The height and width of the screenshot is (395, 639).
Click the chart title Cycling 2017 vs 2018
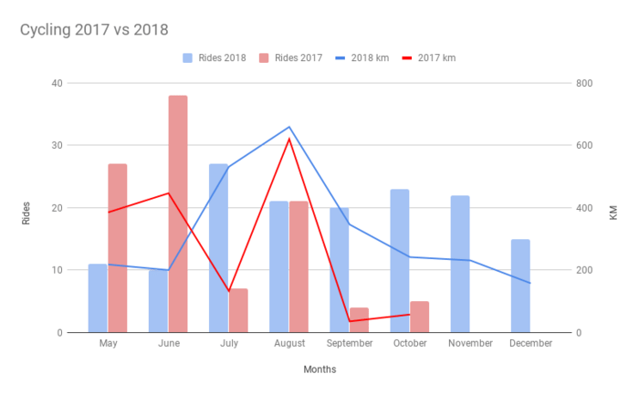tap(93, 30)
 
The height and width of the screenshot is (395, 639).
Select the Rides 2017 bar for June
tap(177, 213)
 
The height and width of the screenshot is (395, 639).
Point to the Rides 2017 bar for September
tap(359, 320)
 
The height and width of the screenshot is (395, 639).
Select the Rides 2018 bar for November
tap(460, 264)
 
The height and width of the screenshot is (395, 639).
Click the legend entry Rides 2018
tap(215, 57)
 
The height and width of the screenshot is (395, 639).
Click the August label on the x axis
tap(288, 343)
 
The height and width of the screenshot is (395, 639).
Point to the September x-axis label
tap(349, 343)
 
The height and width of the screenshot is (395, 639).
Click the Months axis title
tap(319, 369)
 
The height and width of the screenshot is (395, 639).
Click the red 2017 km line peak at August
tap(288, 139)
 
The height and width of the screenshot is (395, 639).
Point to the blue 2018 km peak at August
tap(288, 127)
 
